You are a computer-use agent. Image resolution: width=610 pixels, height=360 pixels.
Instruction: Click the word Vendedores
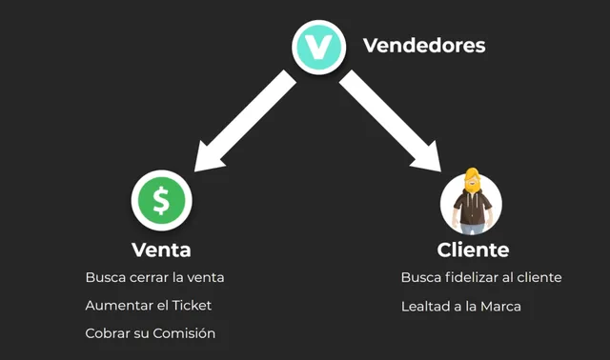[x=423, y=45]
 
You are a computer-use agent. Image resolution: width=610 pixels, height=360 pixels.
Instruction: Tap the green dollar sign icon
[x=162, y=201]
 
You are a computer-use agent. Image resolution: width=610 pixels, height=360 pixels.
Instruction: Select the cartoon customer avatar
[x=471, y=202]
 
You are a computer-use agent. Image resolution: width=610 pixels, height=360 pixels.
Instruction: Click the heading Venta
[x=161, y=250]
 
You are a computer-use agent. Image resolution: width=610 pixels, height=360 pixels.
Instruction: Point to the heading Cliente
[x=473, y=250]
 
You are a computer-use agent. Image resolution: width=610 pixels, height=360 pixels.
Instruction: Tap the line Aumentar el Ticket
[x=148, y=306]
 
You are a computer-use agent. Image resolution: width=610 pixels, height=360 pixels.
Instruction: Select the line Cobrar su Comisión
[x=150, y=333]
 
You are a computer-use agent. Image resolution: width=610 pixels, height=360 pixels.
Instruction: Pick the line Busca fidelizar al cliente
[x=481, y=278]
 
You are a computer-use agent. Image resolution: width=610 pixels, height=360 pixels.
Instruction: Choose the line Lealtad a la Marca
[x=461, y=306]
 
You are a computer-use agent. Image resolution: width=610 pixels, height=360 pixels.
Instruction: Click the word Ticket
[x=191, y=306]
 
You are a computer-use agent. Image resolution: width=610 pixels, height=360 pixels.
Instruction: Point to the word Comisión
[x=188, y=333]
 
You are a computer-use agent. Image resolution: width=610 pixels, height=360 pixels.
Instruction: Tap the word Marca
[x=501, y=306]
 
